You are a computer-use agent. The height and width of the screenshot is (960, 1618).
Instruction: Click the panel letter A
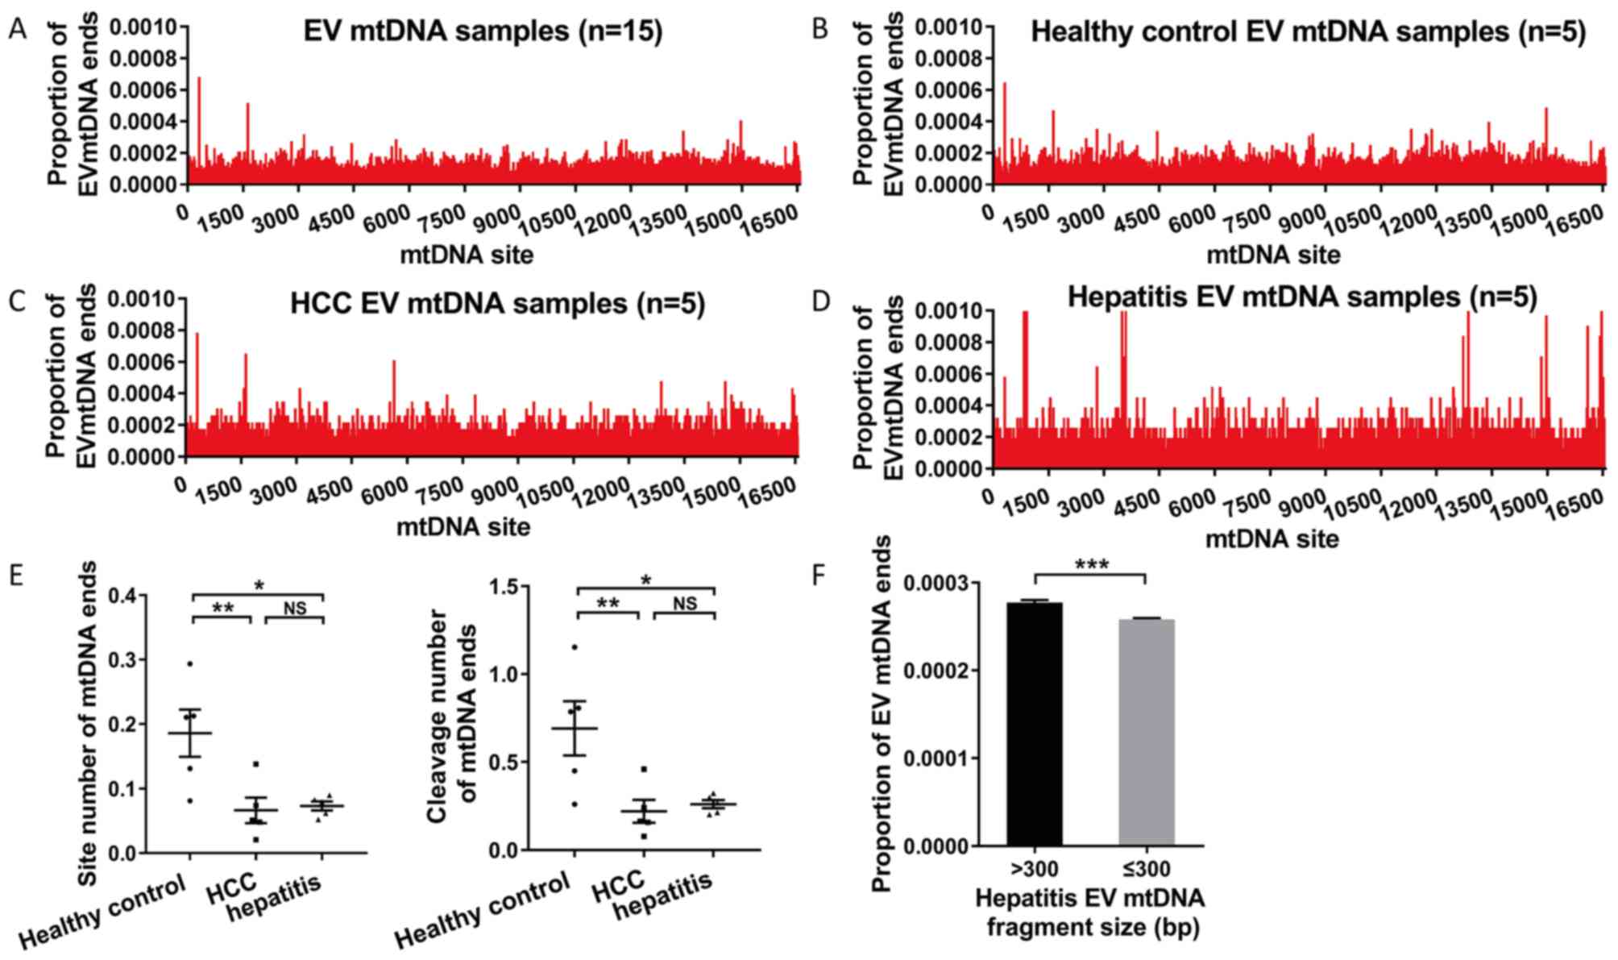coord(17,30)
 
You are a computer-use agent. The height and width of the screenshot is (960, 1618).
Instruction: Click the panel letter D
coord(821,302)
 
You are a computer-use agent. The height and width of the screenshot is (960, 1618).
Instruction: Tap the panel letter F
coord(819,577)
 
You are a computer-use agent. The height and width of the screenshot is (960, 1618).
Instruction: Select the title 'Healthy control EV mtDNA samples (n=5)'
coord(1308,32)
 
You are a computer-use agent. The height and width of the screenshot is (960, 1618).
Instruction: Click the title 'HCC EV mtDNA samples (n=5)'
coord(497,304)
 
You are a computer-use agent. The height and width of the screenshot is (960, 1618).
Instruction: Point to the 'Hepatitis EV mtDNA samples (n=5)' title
coord(1302,297)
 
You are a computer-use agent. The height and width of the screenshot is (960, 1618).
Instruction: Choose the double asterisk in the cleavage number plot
coord(608,604)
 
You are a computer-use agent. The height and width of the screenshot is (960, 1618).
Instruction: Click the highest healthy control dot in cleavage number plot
coord(575,646)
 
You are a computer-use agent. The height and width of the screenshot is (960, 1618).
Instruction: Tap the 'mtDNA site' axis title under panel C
coord(463,527)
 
